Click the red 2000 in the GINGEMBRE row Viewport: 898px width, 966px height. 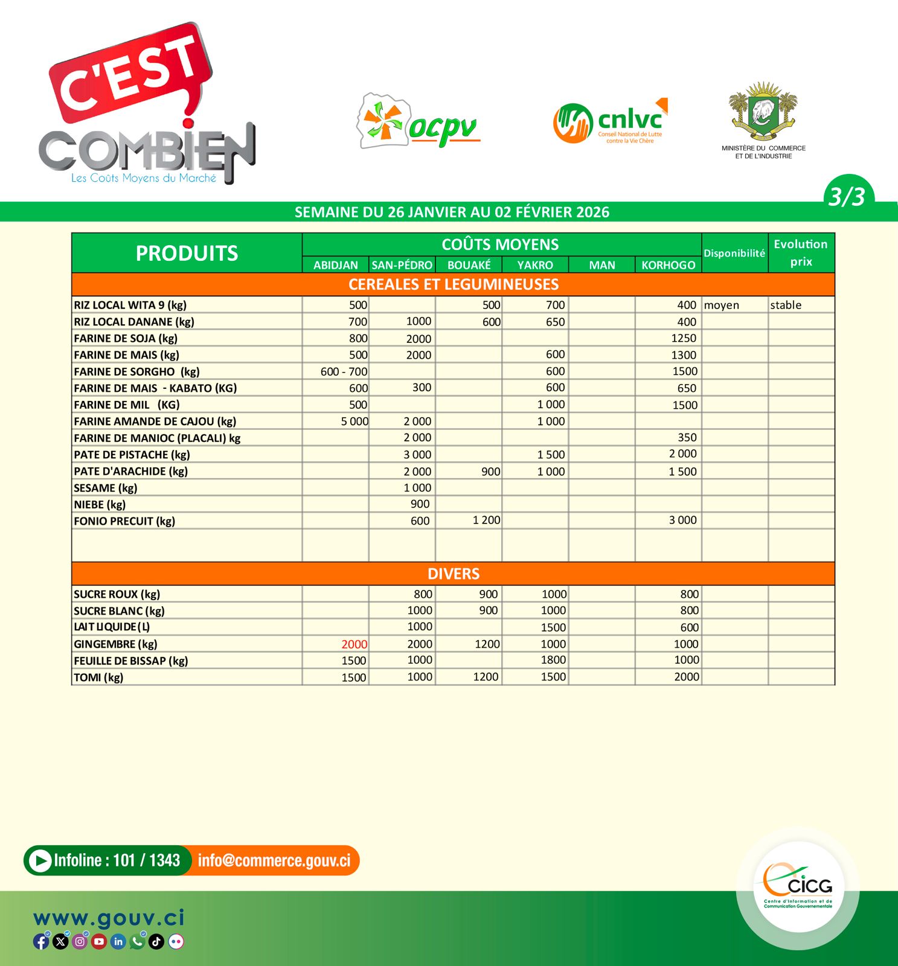[x=354, y=644]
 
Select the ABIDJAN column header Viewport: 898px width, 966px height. [x=335, y=265]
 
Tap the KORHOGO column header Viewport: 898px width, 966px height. [x=668, y=265]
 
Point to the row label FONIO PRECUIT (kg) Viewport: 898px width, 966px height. [x=124, y=521]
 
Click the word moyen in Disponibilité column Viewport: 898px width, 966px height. [x=722, y=305]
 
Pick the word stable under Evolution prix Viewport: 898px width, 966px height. [x=786, y=305]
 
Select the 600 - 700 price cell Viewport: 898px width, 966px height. [x=344, y=372]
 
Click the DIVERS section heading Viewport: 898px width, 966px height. [x=454, y=574]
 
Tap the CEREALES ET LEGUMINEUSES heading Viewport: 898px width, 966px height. [x=454, y=284]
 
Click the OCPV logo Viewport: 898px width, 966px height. [x=419, y=121]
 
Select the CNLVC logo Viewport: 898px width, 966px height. [x=610, y=121]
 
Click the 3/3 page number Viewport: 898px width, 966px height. [x=847, y=197]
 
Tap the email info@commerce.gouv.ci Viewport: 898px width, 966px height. [x=274, y=860]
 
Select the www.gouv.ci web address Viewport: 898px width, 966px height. [x=109, y=918]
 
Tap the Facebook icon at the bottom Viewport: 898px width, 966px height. [x=41, y=941]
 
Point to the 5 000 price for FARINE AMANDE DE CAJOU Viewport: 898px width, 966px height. [x=354, y=421]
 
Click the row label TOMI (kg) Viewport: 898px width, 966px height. [x=98, y=677]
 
